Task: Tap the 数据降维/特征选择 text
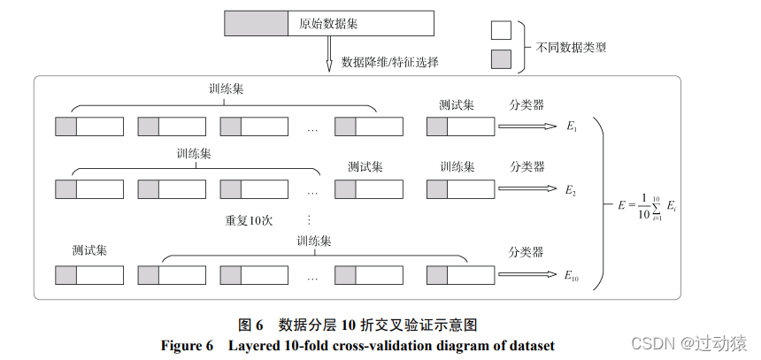click(389, 63)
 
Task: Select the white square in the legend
click(501, 30)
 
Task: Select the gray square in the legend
click(501, 60)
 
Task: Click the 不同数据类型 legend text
click(571, 46)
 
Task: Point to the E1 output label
click(571, 127)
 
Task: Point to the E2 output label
click(571, 190)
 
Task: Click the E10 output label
click(573, 276)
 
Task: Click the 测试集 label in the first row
click(457, 104)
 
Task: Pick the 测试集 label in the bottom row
click(89, 250)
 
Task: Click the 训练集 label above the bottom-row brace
click(314, 241)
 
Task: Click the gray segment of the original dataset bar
click(256, 22)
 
